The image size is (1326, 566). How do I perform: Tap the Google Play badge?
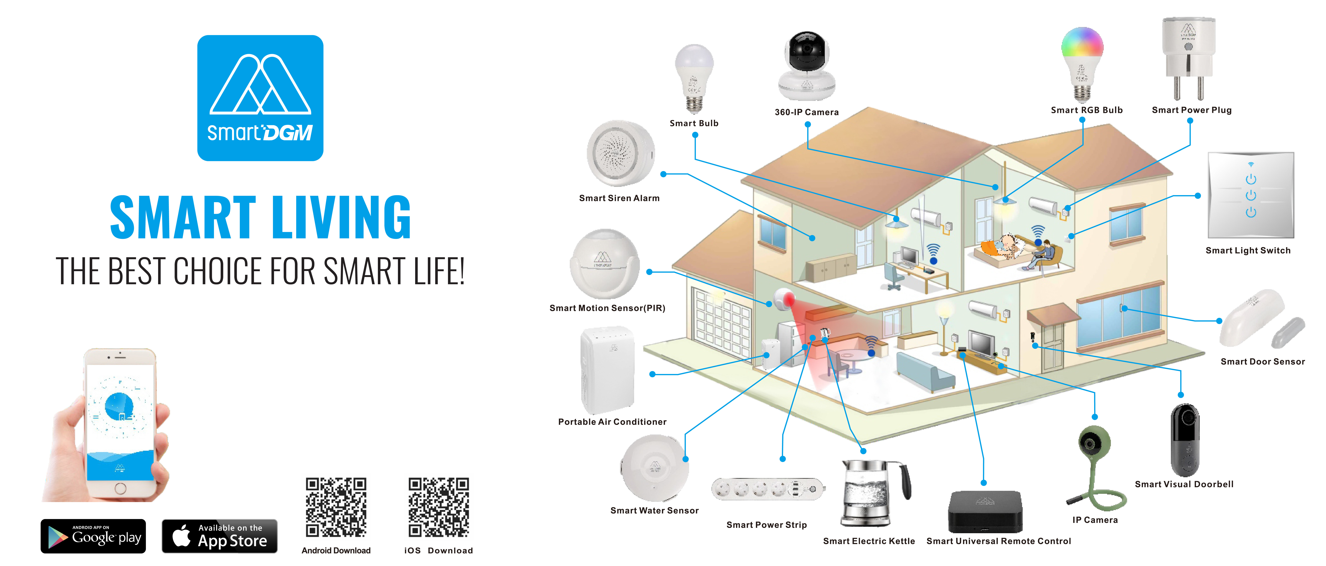pos(93,536)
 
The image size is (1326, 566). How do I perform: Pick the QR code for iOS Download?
pos(439,507)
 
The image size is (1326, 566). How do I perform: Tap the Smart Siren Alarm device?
pos(620,153)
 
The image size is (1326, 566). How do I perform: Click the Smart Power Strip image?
pos(767,489)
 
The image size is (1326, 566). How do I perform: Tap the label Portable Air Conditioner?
pos(612,422)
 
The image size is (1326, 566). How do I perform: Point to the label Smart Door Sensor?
pos(1262,362)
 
